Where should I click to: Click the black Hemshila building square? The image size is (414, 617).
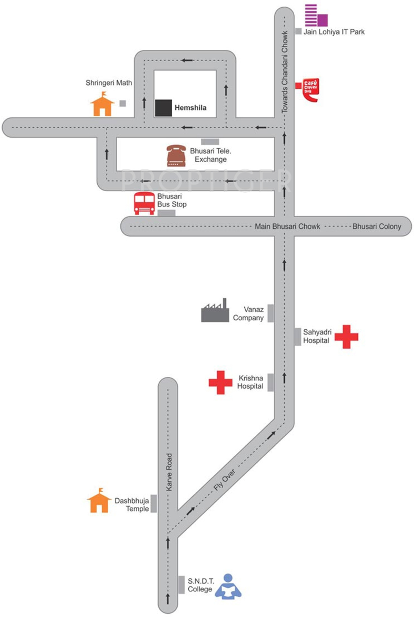pos(163,108)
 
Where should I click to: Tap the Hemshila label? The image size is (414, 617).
pos(190,108)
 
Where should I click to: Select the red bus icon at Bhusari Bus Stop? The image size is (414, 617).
pos(144,203)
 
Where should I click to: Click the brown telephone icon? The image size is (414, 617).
pos(176,156)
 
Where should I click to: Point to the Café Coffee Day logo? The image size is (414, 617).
pos(310,90)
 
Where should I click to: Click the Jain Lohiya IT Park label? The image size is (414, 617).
pos(334,32)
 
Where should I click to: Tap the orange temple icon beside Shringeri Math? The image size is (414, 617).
pos(102,104)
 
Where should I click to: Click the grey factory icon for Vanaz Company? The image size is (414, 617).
pos(215,311)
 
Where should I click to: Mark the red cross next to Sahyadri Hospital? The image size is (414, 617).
pos(346,337)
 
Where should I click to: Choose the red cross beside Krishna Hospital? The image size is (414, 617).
pos(220,383)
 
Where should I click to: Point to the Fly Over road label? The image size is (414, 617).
pos(225,480)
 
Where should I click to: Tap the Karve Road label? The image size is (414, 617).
pos(169,472)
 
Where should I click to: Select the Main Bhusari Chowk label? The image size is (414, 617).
pos(287,226)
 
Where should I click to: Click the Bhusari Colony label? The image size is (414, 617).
pos(377,226)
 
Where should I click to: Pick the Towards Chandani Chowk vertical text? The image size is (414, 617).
pos(285,72)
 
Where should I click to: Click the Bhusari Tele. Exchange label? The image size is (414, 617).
pos(211,155)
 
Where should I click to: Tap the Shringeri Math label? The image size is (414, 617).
pos(109,83)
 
